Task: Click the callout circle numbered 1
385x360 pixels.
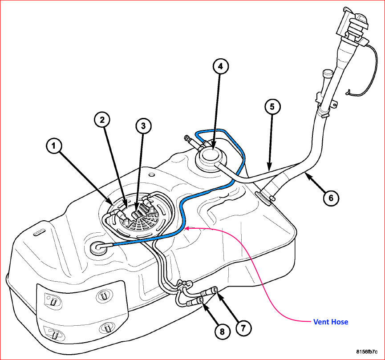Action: pos(53,146)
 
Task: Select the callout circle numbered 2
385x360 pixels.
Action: pos(102,120)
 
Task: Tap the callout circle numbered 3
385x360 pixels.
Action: pos(143,126)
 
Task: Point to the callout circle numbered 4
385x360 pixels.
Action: pos(220,66)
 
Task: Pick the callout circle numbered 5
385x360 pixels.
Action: pos(272,106)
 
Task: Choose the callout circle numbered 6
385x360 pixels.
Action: pos(331,198)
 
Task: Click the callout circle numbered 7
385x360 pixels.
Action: pos(243,328)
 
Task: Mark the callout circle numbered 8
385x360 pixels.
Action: pos(222,332)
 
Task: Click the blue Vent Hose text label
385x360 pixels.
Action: pos(331,322)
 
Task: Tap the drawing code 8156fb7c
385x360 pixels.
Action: pos(367,352)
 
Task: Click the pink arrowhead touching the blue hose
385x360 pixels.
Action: pos(186,228)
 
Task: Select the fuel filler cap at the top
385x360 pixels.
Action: pos(353,25)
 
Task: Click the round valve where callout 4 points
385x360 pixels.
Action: pos(211,158)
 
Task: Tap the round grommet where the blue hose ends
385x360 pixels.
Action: pos(98,247)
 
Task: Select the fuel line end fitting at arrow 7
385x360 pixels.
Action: pos(212,291)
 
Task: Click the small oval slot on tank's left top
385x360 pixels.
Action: pos(39,232)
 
